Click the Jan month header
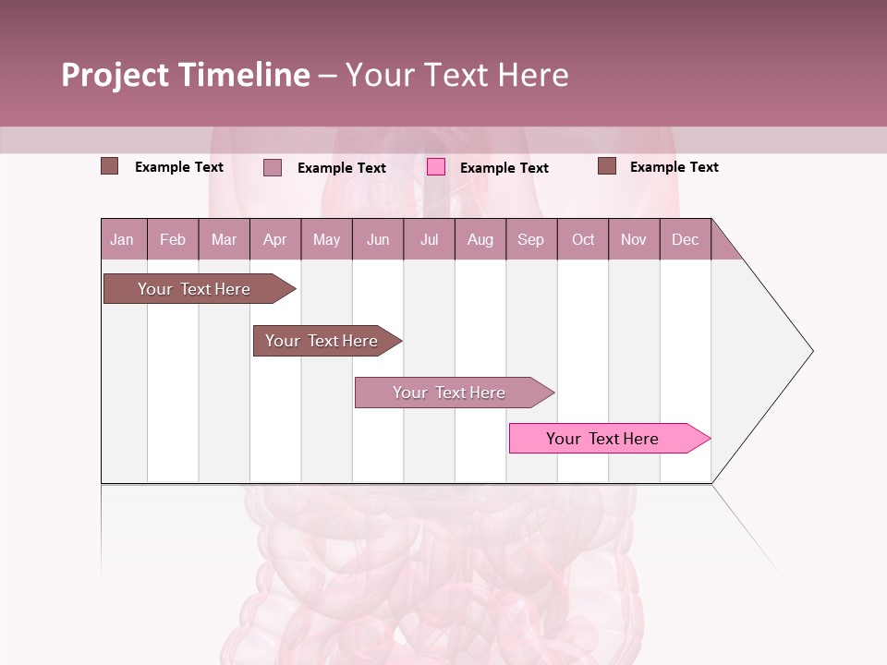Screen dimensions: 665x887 tap(122, 239)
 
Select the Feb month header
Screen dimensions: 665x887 tap(173, 239)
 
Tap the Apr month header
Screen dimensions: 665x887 tap(274, 239)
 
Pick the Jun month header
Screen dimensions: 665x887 tap(378, 239)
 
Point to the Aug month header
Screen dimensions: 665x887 tap(480, 239)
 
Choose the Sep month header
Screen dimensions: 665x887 tap(530, 239)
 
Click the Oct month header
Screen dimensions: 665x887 tap(583, 239)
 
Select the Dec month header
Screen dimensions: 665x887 tap(685, 239)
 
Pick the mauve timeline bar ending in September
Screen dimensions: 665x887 tap(451, 393)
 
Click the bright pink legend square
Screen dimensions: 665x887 tap(436, 167)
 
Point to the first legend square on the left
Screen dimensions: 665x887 tap(110, 166)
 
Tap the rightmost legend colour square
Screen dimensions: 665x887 tap(607, 166)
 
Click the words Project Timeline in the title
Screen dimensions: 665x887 tap(186, 75)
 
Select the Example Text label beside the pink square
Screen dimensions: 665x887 tap(504, 168)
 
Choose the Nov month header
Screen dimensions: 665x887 tap(634, 239)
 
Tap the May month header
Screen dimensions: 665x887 tap(326, 239)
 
